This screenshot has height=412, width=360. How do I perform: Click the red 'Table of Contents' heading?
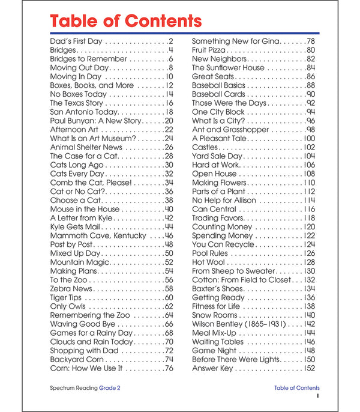pos(125,22)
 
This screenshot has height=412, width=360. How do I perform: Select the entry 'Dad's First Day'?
pos(76,41)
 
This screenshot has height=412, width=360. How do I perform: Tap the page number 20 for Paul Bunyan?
pos(168,121)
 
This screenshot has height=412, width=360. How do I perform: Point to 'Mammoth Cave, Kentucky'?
pos(98,236)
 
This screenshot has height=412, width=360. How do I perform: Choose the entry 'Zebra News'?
pos(71,289)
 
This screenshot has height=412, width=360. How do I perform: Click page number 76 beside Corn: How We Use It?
pos(168,368)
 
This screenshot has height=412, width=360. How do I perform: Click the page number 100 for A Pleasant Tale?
pos(309,138)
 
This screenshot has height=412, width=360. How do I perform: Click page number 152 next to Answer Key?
pos(309,368)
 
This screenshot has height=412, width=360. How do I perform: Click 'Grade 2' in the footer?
pos(110,388)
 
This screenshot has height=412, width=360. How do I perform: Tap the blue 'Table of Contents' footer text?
pos(296,388)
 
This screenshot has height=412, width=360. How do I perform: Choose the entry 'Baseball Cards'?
pos(218,94)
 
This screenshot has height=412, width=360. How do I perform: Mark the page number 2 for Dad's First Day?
pos(170,41)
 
